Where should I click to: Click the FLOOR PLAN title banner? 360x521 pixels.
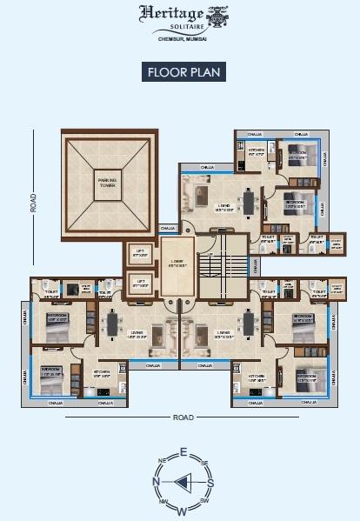(x=181, y=73)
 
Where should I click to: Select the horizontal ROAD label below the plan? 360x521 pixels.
(x=183, y=417)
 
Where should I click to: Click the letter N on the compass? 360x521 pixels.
(x=156, y=481)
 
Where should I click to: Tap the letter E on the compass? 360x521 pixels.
(x=183, y=452)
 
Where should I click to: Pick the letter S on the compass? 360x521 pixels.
(x=211, y=481)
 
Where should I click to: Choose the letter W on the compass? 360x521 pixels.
(x=183, y=510)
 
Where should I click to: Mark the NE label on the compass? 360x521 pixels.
(x=162, y=460)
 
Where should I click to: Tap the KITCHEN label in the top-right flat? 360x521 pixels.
(x=256, y=150)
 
